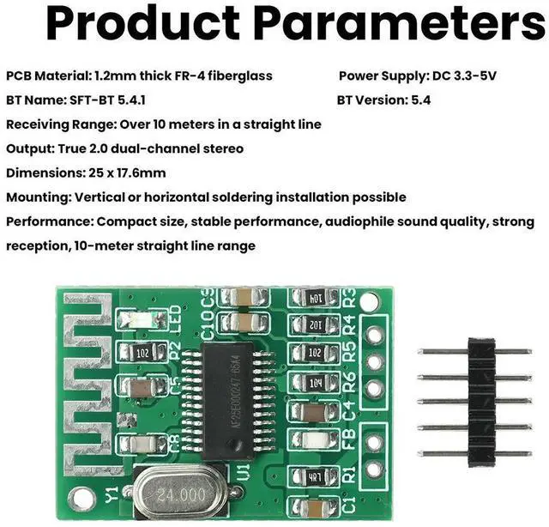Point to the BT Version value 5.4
click(x=419, y=100)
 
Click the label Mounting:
click(x=39, y=197)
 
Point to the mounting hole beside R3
click(x=369, y=302)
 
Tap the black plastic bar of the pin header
click(x=476, y=402)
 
